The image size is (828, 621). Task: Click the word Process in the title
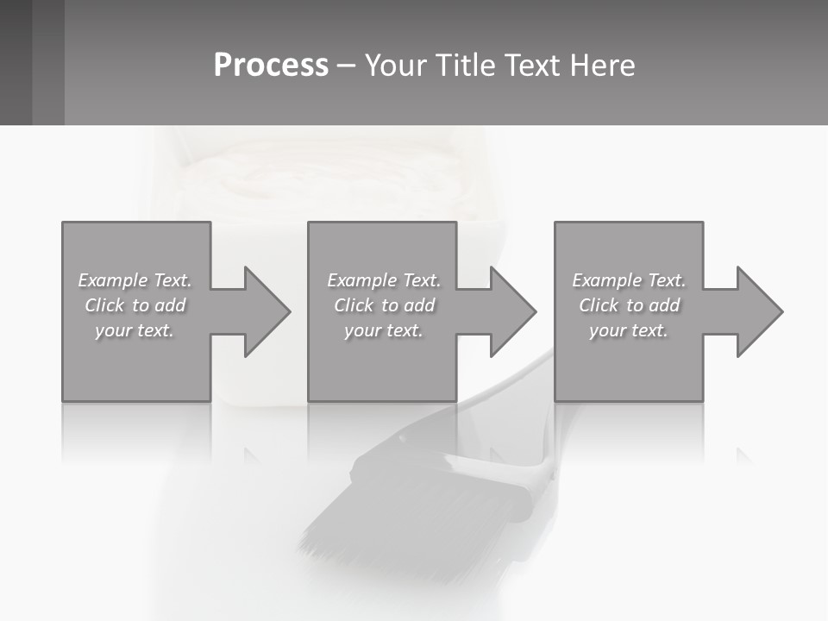pos(271,66)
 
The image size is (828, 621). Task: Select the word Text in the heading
pos(529,66)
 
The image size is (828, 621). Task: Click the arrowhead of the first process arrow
pos(267,311)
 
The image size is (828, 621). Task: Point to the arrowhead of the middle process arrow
pos(513,311)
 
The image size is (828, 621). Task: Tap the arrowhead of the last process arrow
pos(760,311)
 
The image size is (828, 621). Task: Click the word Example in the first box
pos(113,280)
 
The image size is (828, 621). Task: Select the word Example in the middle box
pos(361,280)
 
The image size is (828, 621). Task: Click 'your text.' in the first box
pos(135,330)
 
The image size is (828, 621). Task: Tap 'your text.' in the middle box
pos(383,330)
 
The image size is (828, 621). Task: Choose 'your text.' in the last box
pos(629,330)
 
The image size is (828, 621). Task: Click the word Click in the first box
pos(103,305)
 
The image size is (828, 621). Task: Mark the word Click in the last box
pos(599,305)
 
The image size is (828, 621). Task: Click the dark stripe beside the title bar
pos(48,62)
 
